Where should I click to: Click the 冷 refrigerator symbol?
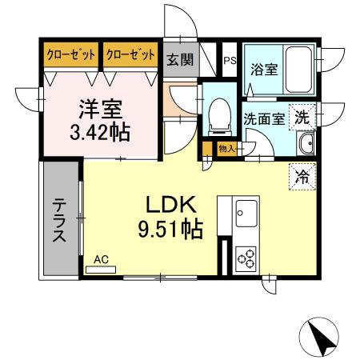point(302,172)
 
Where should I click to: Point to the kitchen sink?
point(246,213)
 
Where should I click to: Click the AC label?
point(101,258)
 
